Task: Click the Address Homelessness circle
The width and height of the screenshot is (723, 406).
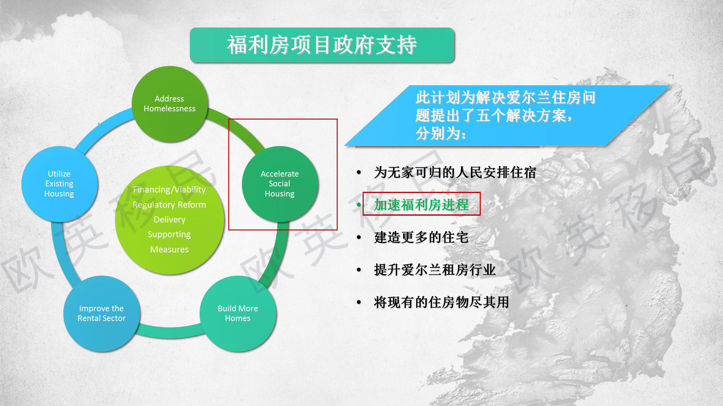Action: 170,104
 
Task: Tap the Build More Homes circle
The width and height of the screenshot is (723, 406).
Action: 238,314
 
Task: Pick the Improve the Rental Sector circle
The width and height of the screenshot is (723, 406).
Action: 101,314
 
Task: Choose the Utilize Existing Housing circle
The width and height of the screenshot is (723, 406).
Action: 59,184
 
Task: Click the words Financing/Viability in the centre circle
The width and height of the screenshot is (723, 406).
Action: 169,190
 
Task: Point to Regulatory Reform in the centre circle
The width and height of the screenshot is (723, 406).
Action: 169,205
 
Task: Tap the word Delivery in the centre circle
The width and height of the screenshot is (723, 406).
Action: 170,219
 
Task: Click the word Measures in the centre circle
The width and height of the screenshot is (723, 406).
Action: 169,249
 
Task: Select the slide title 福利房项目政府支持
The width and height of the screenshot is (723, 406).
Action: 322,45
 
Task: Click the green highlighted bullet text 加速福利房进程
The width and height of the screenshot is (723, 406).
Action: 421,205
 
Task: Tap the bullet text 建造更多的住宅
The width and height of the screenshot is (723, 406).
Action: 421,237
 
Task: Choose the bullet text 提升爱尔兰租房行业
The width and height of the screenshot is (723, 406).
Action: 435,270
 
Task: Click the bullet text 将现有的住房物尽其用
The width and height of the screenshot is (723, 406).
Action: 442,302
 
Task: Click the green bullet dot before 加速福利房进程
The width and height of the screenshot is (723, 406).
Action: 359,205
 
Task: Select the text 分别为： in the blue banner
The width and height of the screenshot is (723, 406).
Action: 441,133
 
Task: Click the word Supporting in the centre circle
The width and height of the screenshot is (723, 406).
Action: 169,235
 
